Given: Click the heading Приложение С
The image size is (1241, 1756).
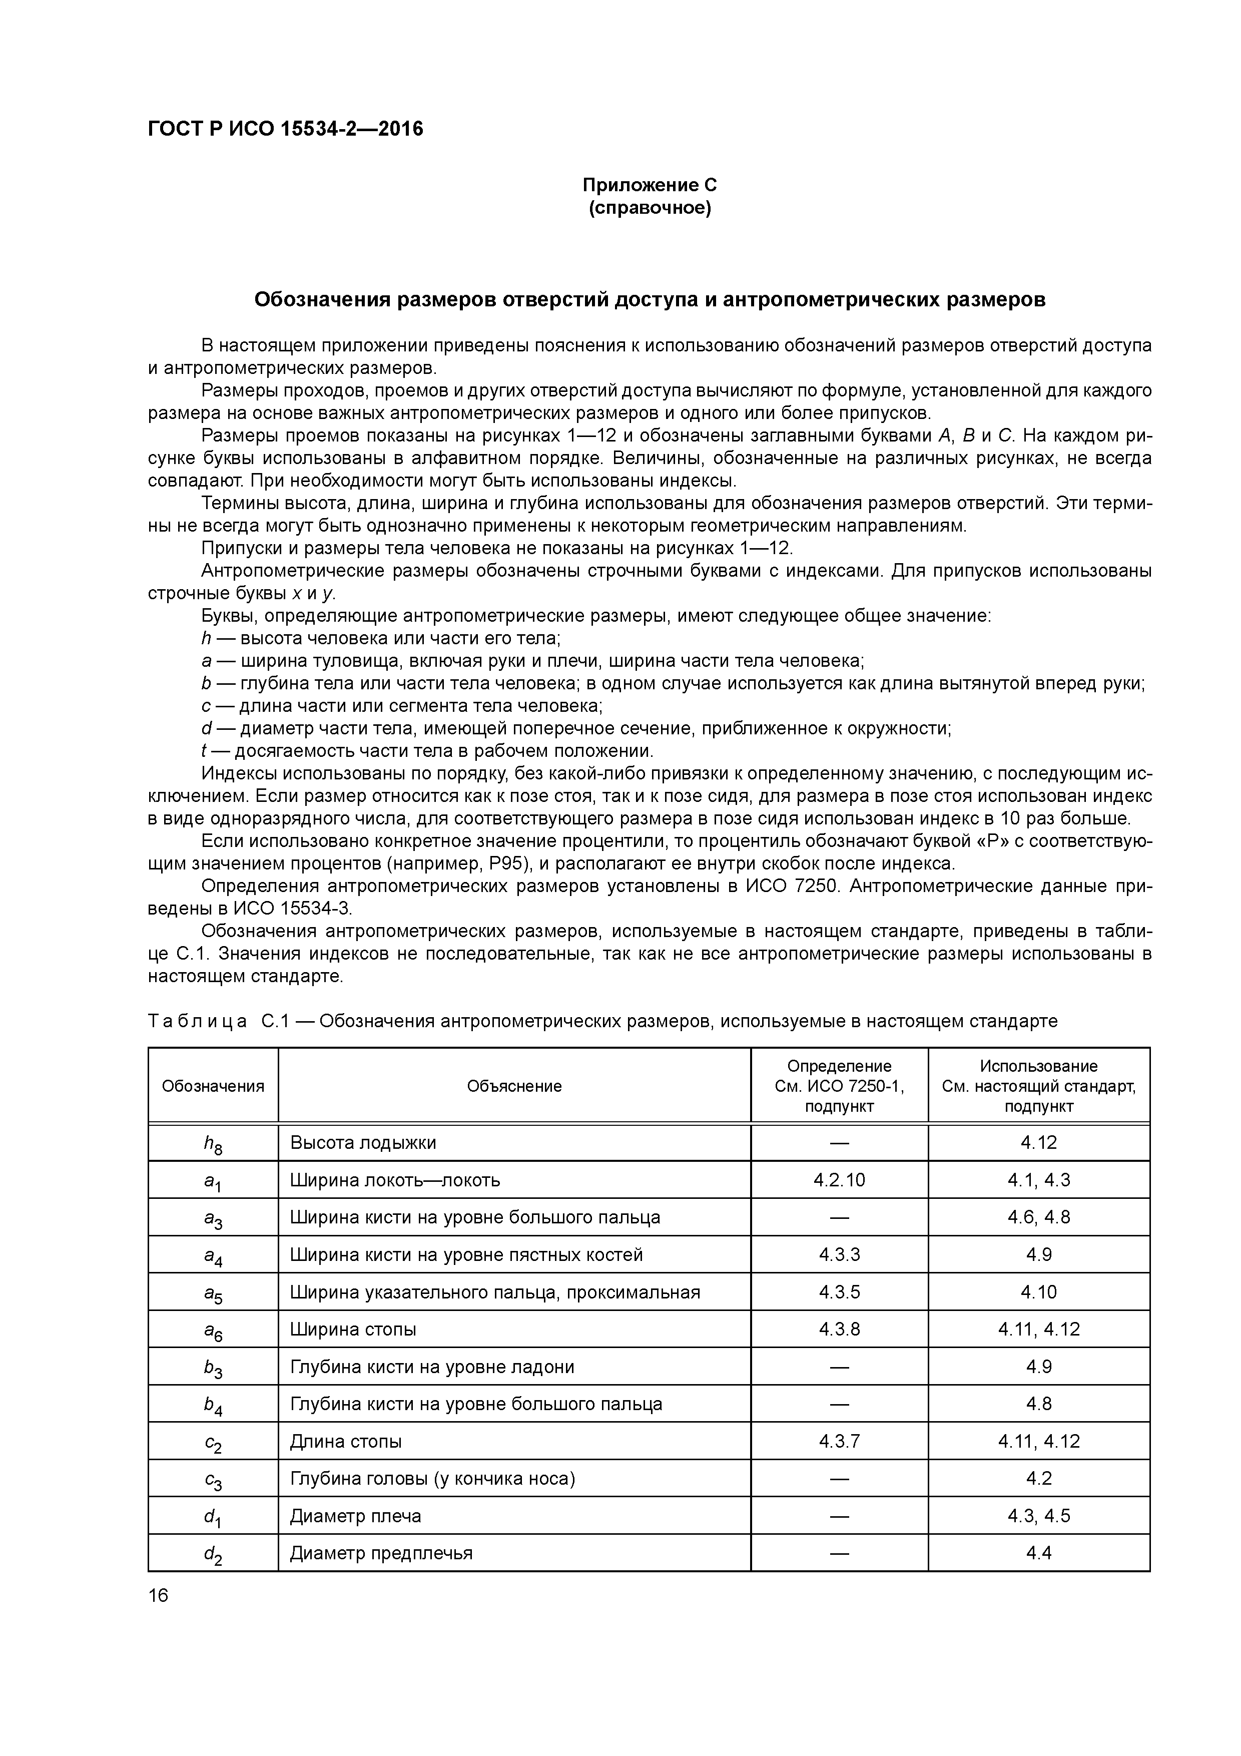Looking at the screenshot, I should [x=649, y=185].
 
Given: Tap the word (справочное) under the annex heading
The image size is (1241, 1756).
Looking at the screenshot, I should [x=649, y=208].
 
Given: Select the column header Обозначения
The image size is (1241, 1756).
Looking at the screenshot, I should [x=213, y=1086].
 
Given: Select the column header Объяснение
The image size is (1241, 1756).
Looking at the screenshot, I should [x=514, y=1086].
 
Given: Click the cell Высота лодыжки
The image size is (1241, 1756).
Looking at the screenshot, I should [x=363, y=1143].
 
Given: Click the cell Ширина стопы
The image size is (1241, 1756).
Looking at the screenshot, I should [x=353, y=1329].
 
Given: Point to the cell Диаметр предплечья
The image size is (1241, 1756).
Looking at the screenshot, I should [x=381, y=1553].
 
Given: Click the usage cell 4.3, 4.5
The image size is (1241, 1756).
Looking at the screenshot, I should [x=1038, y=1516].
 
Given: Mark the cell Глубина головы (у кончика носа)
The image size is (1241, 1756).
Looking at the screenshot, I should [x=432, y=1478].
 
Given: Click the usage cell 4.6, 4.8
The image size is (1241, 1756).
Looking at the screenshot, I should [x=1038, y=1217].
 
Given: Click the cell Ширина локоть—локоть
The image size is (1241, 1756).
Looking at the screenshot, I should [x=394, y=1180].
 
